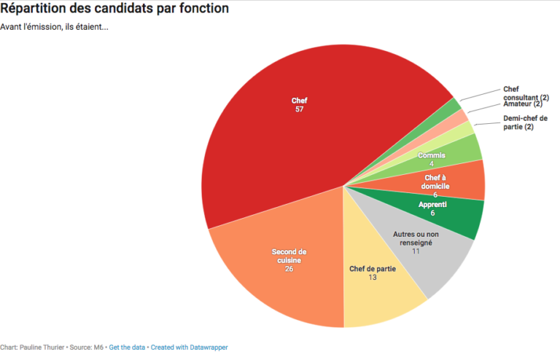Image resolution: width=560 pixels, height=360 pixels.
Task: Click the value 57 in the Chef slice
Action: [300, 109]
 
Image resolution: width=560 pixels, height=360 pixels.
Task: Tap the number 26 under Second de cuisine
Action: [289, 269]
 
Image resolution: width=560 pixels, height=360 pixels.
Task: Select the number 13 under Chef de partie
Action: [373, 278]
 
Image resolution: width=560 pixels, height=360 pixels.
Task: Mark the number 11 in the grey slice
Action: [416, 251]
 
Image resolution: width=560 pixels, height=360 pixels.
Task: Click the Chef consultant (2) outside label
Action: [526, 93]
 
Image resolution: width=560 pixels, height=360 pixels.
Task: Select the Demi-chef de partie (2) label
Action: [525, 122]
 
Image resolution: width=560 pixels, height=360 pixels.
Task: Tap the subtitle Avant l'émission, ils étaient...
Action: [54, 28]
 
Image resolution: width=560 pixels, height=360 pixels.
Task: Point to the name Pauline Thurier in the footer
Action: [43, 348]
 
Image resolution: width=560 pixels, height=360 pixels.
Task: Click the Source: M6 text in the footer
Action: [88, 348]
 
